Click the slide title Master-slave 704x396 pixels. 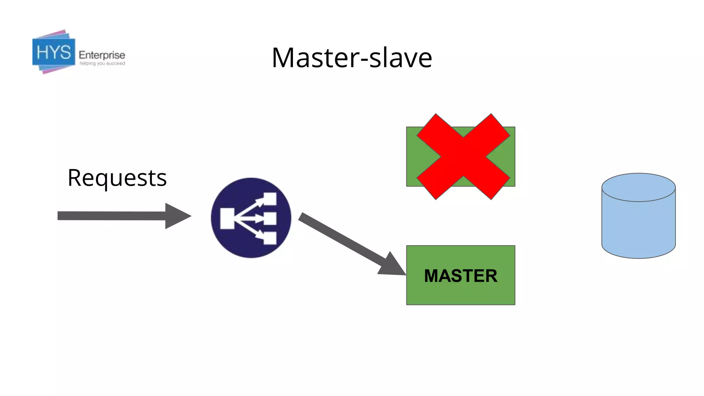point(352,58)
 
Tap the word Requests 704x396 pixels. point(117,178)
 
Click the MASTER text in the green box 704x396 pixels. point(461,276)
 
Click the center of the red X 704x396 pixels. point(463,157)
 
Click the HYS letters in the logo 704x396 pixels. point(54,53)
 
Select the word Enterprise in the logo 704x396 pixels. point(102,55)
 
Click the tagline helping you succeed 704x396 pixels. point(102,64)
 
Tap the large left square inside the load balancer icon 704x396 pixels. point(227,218)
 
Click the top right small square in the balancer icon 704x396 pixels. point(270,199)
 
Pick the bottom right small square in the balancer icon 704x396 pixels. point(270,238)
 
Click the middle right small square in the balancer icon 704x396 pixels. point(270,219)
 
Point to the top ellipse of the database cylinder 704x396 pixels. point(638,187)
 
